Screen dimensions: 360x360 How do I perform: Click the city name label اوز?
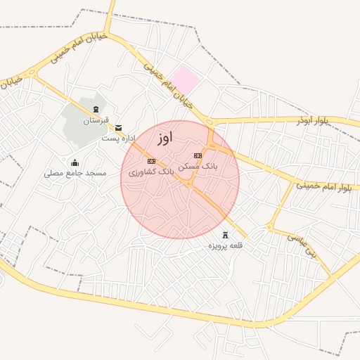click(165, 137)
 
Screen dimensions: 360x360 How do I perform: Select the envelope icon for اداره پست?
click(118, 127)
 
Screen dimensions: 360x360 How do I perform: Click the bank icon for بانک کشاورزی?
click(151, 161)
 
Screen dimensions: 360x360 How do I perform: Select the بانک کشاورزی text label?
click(152, 172)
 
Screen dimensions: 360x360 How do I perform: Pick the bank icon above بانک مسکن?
click(198, 155)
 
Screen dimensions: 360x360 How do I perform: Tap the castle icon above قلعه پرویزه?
click(225, 235)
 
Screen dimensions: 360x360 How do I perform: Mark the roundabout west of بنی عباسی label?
click(269, 227)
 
